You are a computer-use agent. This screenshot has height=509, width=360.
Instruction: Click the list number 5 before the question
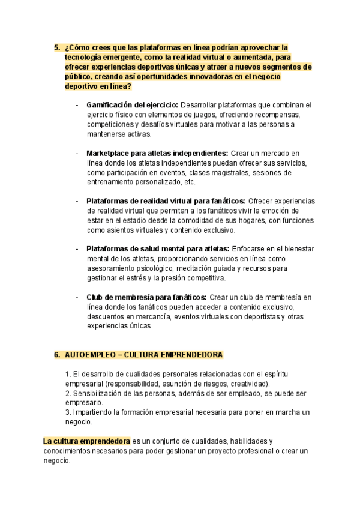pos(56,47)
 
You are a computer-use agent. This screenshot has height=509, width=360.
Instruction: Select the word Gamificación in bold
pos(110,104)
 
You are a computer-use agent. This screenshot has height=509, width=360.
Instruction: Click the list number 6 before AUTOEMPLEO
pos(56,355)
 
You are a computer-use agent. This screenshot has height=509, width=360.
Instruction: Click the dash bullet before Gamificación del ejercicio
pos(77,105)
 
